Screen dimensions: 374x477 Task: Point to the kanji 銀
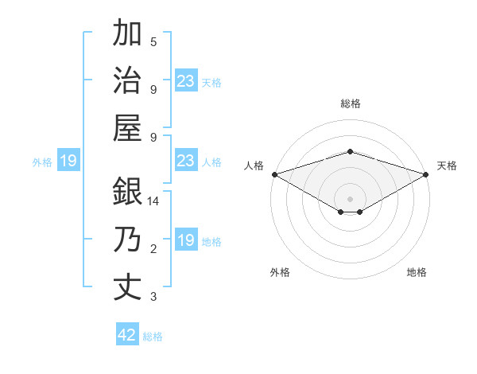(128, 193)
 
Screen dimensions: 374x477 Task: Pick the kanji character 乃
(128, 240)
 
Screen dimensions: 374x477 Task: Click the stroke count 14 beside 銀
(153, 202)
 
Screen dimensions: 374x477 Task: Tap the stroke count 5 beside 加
(153, 42)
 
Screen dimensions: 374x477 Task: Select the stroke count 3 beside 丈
(153, 297)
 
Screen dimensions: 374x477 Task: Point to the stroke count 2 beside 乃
(153, 250)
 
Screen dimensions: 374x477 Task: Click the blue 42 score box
(127, 335)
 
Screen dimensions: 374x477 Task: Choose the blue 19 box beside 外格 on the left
(68, 162)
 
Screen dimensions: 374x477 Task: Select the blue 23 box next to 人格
(185, 162)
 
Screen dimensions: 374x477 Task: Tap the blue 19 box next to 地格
(185, 240)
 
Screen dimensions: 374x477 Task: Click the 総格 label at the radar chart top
(350, 103)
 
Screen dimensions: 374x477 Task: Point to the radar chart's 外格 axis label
(280, 272)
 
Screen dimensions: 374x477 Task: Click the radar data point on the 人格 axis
(273, 174)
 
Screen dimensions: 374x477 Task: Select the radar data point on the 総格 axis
(350, 151)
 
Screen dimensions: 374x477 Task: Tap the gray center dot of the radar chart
(350, 198)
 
